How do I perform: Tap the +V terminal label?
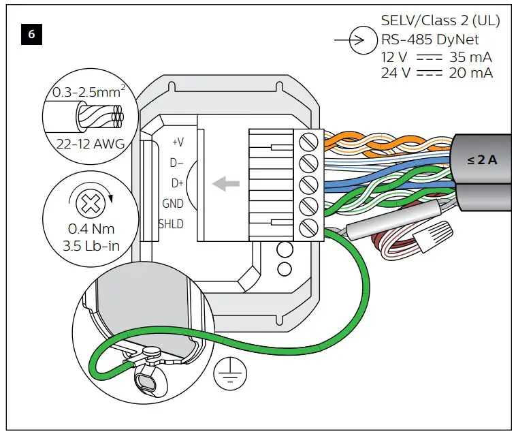(178, 142)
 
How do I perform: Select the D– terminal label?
(176, 163)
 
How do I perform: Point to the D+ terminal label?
(176, 183)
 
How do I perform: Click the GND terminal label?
(173, 204)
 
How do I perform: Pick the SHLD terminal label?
(171, 224)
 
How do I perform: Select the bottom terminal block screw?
(310, 226)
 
